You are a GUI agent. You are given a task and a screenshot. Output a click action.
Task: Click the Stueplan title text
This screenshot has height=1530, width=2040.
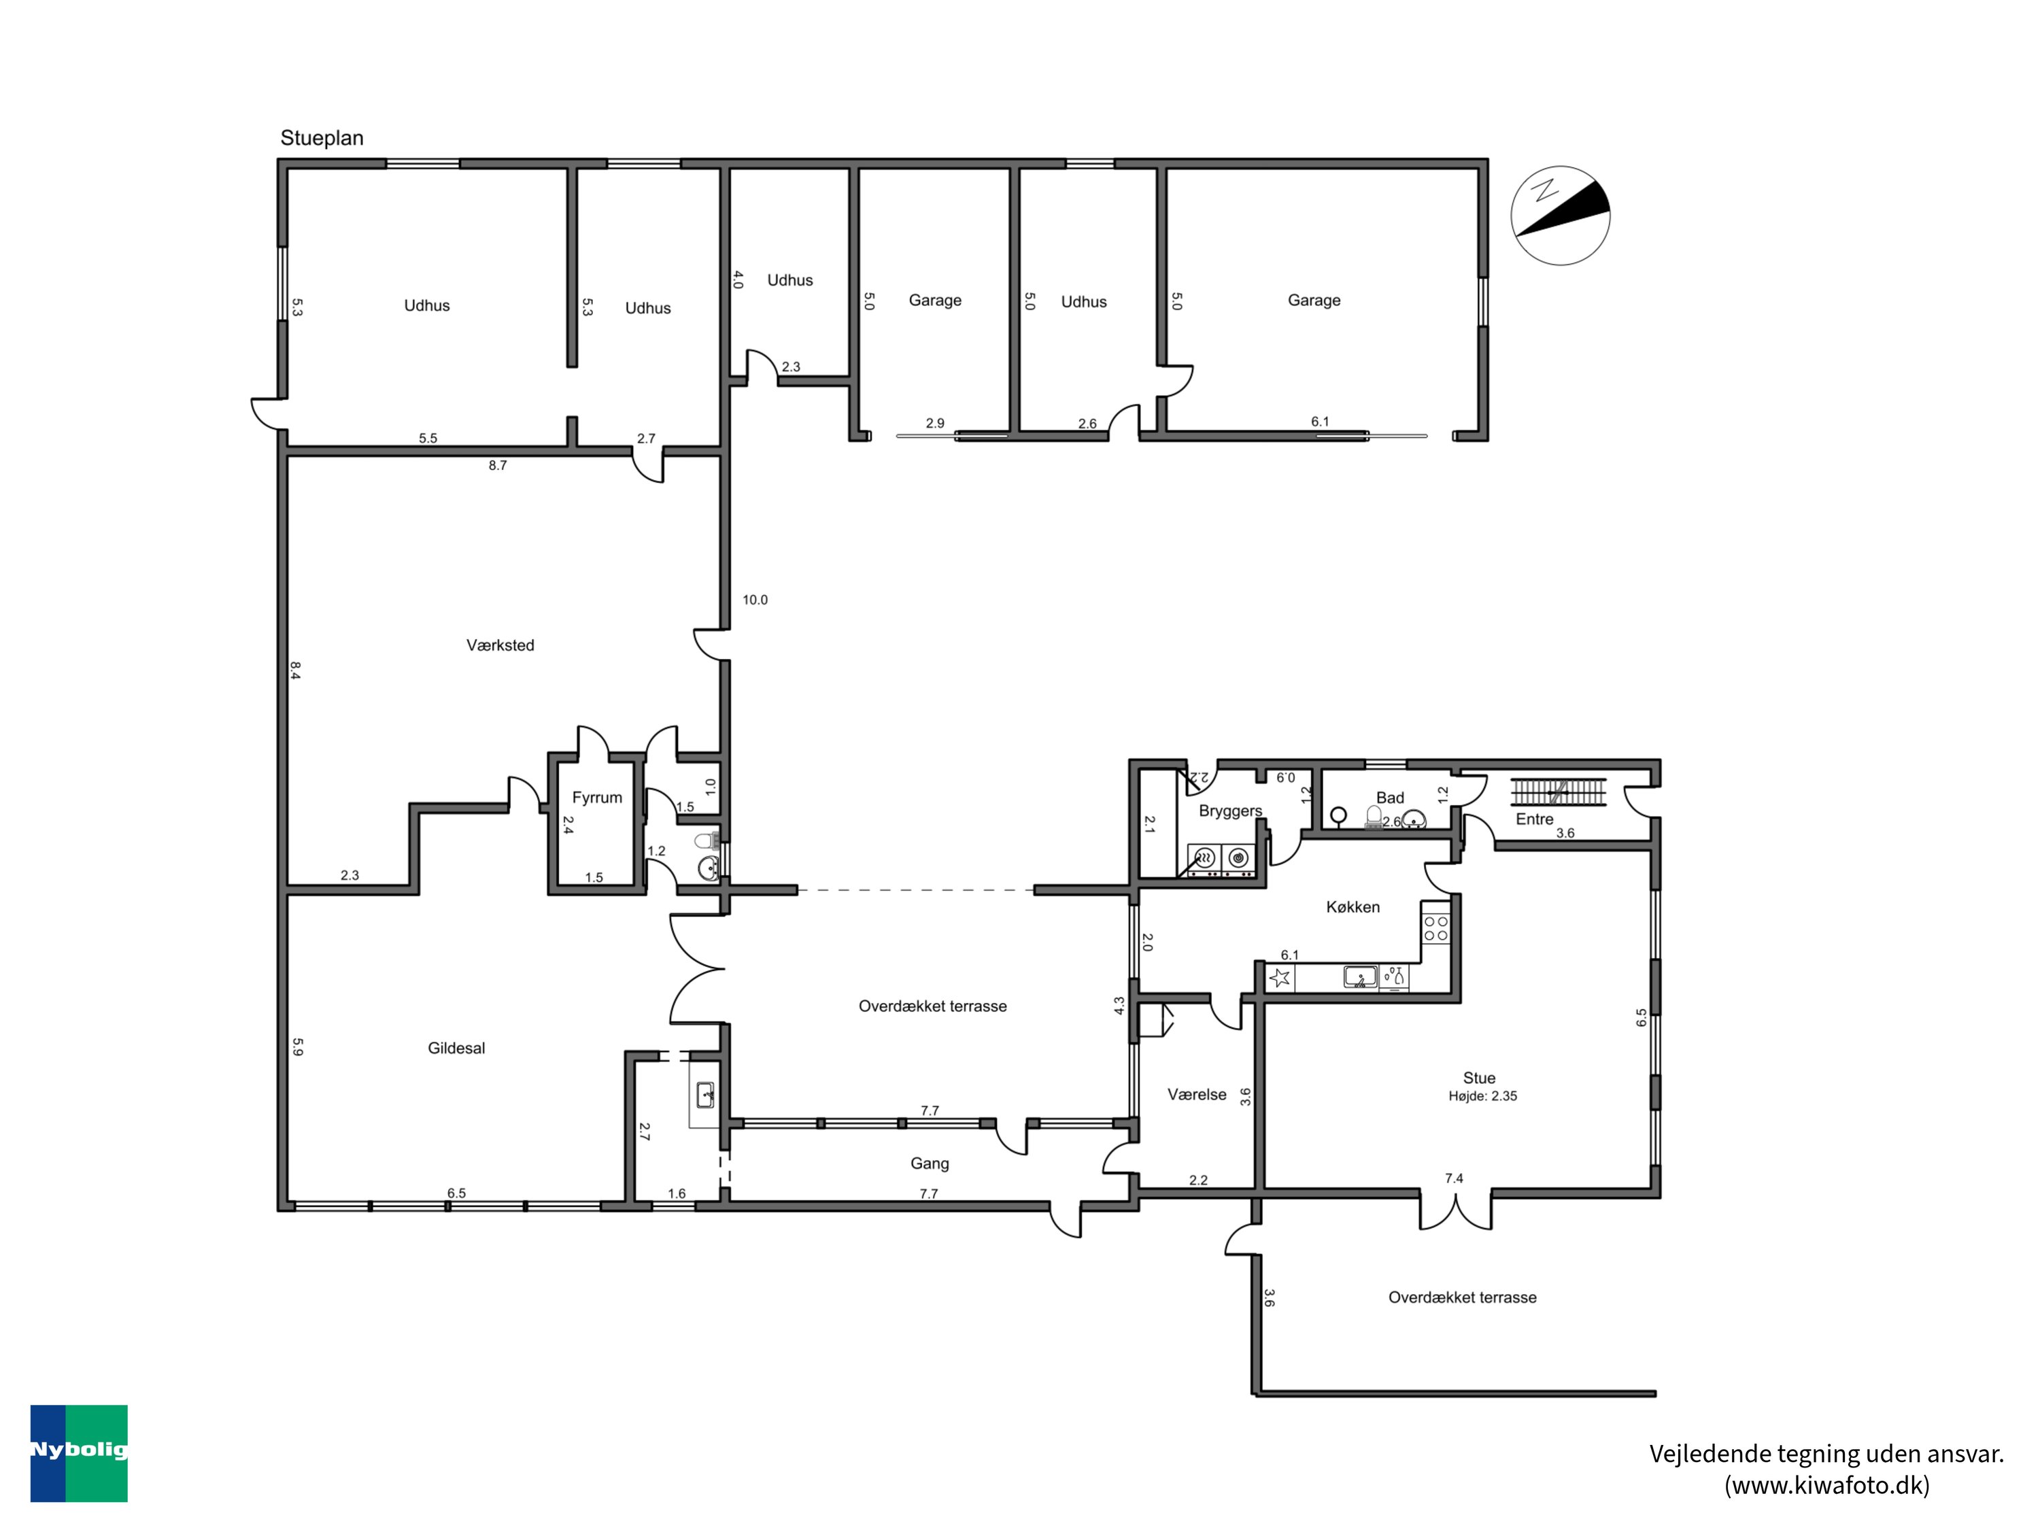click(322, 138)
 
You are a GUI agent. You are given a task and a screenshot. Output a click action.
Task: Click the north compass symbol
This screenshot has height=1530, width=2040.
click(1561, 216)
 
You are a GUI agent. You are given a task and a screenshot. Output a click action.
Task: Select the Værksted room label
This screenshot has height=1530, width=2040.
click(500, 645)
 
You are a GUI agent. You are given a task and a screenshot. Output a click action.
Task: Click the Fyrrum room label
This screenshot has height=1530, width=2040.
click(596, 798)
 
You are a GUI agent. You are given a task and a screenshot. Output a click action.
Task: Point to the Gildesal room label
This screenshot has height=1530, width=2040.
click(456, 1048)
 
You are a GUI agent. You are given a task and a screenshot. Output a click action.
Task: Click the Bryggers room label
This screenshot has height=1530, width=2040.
click(1230, 811)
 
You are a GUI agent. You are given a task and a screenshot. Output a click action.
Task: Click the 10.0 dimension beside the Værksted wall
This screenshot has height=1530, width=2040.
click(754, 600)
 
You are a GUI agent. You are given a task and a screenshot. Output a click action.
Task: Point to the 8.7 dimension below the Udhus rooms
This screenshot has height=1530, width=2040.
click(497, 466)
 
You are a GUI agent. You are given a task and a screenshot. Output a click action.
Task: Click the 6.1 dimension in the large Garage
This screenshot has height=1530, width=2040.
click(1320, 422)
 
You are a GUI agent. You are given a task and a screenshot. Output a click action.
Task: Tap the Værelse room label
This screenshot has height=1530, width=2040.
click(1196, 1095)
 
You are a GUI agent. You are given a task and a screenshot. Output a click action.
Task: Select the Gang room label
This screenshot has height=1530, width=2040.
click(929, 1164)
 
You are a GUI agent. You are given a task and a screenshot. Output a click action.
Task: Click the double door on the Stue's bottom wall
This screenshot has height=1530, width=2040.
click(1455, 1211)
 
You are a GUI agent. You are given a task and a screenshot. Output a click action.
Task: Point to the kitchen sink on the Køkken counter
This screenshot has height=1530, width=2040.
click(1359, 976)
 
